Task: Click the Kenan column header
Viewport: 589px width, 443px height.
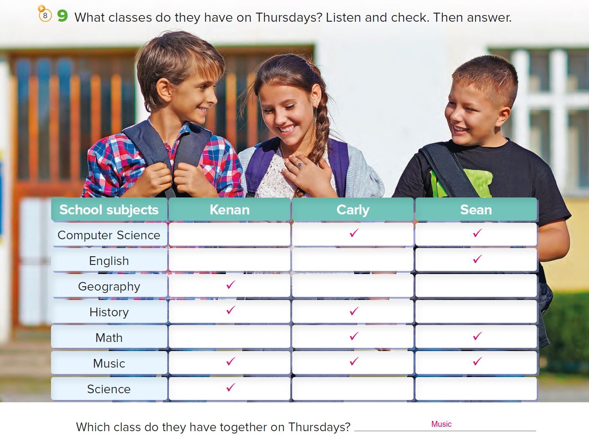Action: pos(229,209)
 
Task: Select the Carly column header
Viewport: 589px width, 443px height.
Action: pos(353,209)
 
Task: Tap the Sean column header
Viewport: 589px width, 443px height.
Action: pos(476,209)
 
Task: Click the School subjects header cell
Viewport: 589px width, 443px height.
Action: pos(109,209)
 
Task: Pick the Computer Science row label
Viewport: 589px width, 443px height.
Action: pos(109,235)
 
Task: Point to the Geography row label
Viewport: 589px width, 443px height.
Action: pos(109,287)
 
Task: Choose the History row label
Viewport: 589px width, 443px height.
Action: pos(109,312)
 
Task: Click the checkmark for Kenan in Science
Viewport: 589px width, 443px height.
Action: pos(230,387)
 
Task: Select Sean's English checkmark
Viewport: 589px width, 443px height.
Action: pos(478,259)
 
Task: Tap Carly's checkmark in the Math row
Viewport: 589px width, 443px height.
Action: pos(354,336)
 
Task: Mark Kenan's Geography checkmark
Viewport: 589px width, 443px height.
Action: pos(230,285)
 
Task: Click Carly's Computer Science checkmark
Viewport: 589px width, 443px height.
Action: pos(354,233)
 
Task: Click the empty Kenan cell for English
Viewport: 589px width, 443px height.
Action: pos(229,260)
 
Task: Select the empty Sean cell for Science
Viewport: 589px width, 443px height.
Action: pos(476,389)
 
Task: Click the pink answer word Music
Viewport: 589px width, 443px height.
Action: pos(441,424)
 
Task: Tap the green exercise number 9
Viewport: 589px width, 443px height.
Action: pos(62,16)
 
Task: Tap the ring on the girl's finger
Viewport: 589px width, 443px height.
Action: pos(300,165)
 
